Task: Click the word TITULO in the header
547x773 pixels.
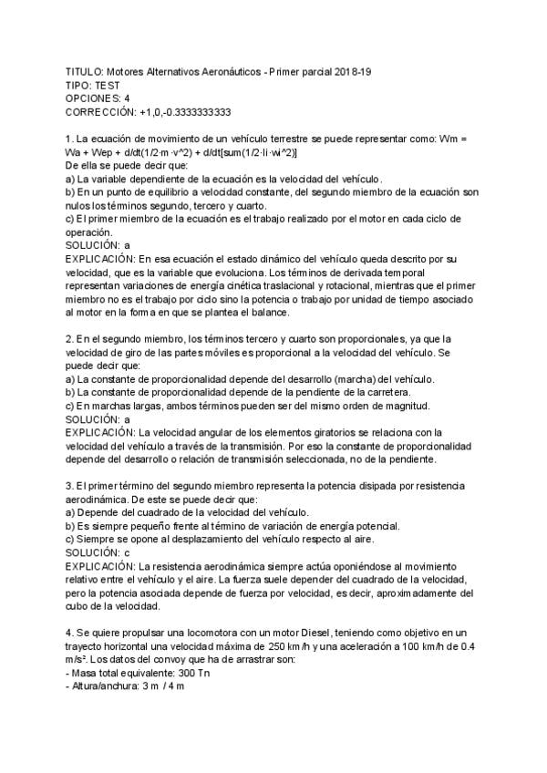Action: point(85,70)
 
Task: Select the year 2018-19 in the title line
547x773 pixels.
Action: point(361,70)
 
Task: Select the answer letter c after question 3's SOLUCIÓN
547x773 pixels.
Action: point(127,552)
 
